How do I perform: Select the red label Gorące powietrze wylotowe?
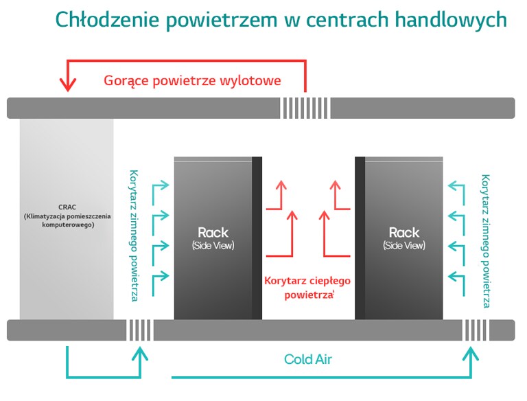click(193, 80)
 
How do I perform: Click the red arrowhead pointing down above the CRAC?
click(67, 84)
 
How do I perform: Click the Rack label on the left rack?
click(213, 232)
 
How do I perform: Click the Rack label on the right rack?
click(403, 232)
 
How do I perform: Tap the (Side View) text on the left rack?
click(213, 245)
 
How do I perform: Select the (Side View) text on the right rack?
click(403, 245)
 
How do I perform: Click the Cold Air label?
click(308, 359)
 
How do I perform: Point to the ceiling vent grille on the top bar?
click(305, 108)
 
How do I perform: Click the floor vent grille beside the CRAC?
click(139, 330)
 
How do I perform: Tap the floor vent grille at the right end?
click(475, 330)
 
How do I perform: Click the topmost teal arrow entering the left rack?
click(159, 185)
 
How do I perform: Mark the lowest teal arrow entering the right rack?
click(456, 276)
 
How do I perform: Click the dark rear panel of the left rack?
click(257, 238)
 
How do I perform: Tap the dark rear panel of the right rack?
click(360, 238)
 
